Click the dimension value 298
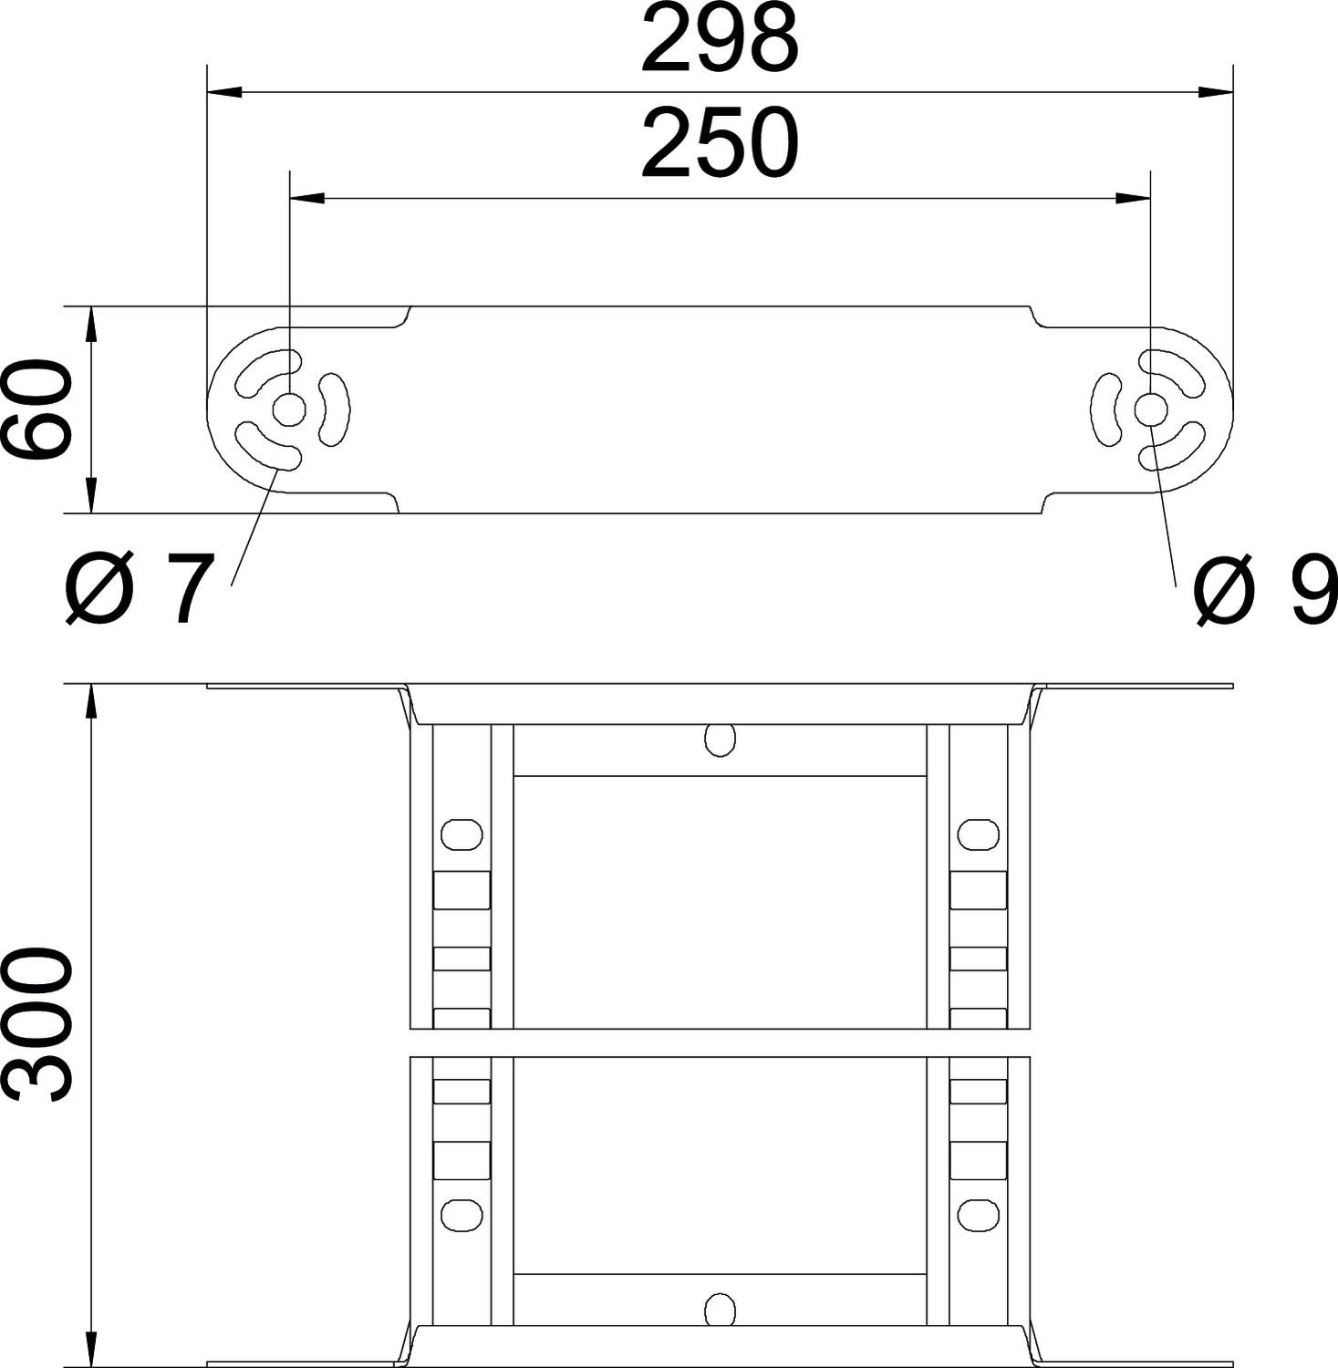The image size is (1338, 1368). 720,41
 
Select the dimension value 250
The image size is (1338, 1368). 720,144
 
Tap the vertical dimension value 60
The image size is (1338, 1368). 37,409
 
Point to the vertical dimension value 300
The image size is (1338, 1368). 37,1024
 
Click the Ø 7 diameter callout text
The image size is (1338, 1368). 139,590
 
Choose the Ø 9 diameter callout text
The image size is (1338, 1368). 1266,590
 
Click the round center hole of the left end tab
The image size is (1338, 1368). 289,410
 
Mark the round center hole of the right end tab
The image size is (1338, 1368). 1150,410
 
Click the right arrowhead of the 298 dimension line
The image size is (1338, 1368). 1215,92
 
